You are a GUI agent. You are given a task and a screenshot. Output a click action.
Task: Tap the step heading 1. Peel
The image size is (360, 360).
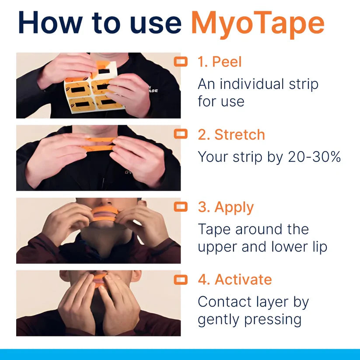coord(219,62)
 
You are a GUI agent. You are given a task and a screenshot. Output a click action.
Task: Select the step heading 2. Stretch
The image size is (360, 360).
coord(231,134)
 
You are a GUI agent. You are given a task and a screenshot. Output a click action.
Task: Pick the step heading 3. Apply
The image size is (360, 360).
coord(225,207)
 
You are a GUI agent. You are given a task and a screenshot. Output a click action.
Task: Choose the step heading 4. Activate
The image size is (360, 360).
coord(234,280)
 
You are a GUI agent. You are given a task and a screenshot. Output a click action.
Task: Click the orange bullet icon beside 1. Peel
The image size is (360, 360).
coord(181,62)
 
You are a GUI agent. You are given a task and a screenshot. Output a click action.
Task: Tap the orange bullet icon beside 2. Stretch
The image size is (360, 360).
coord(181,134)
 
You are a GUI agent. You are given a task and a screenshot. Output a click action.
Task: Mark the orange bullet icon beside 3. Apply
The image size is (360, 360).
coord(181,207)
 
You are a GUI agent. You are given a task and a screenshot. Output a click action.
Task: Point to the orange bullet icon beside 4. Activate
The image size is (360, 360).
coord(181,280)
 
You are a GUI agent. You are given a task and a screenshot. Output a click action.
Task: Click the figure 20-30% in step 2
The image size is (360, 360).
coord(314,157)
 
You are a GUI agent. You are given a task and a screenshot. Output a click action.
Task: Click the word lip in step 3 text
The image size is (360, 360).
coord(317,247)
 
